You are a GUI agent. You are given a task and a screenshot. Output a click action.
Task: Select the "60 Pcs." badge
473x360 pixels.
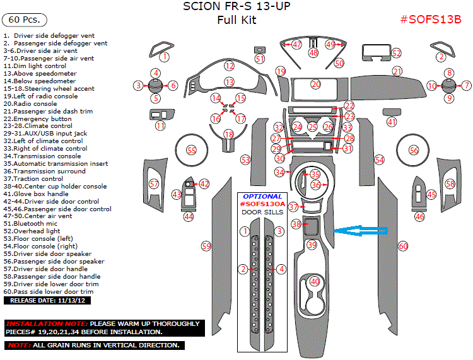pyautogui.click(x=25, y=20)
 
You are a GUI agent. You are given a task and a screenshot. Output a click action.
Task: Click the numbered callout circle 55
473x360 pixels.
pyautogui.click(x=191, y=149)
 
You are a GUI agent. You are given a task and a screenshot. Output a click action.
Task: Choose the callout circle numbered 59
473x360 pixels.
pyautogui.click(x=206, y=246)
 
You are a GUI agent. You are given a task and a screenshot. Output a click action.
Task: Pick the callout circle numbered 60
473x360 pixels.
pyautogui.click(x=403, y=246)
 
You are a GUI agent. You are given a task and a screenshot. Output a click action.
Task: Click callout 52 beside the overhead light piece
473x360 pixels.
pyautogui.click(x=396, y=54)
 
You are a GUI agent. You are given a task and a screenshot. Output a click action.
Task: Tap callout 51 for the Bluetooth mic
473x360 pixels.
pyautogui.click(x=260, y=59)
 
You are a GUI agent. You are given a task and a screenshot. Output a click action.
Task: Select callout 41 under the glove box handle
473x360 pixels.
pyautogui.click(x=392, y=122)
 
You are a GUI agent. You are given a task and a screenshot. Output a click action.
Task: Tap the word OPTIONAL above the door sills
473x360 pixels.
pyautogui.click(x=262, y=197)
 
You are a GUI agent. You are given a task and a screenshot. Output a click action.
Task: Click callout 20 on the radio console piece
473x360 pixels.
pyautogui.click(x=316, y=84)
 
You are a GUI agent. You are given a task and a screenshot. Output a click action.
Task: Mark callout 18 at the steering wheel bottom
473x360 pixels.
pyautogui.click(x=229, y=134)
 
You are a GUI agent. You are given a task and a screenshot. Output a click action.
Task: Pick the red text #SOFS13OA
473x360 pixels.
pyautogui.click(x=262, y=204)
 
